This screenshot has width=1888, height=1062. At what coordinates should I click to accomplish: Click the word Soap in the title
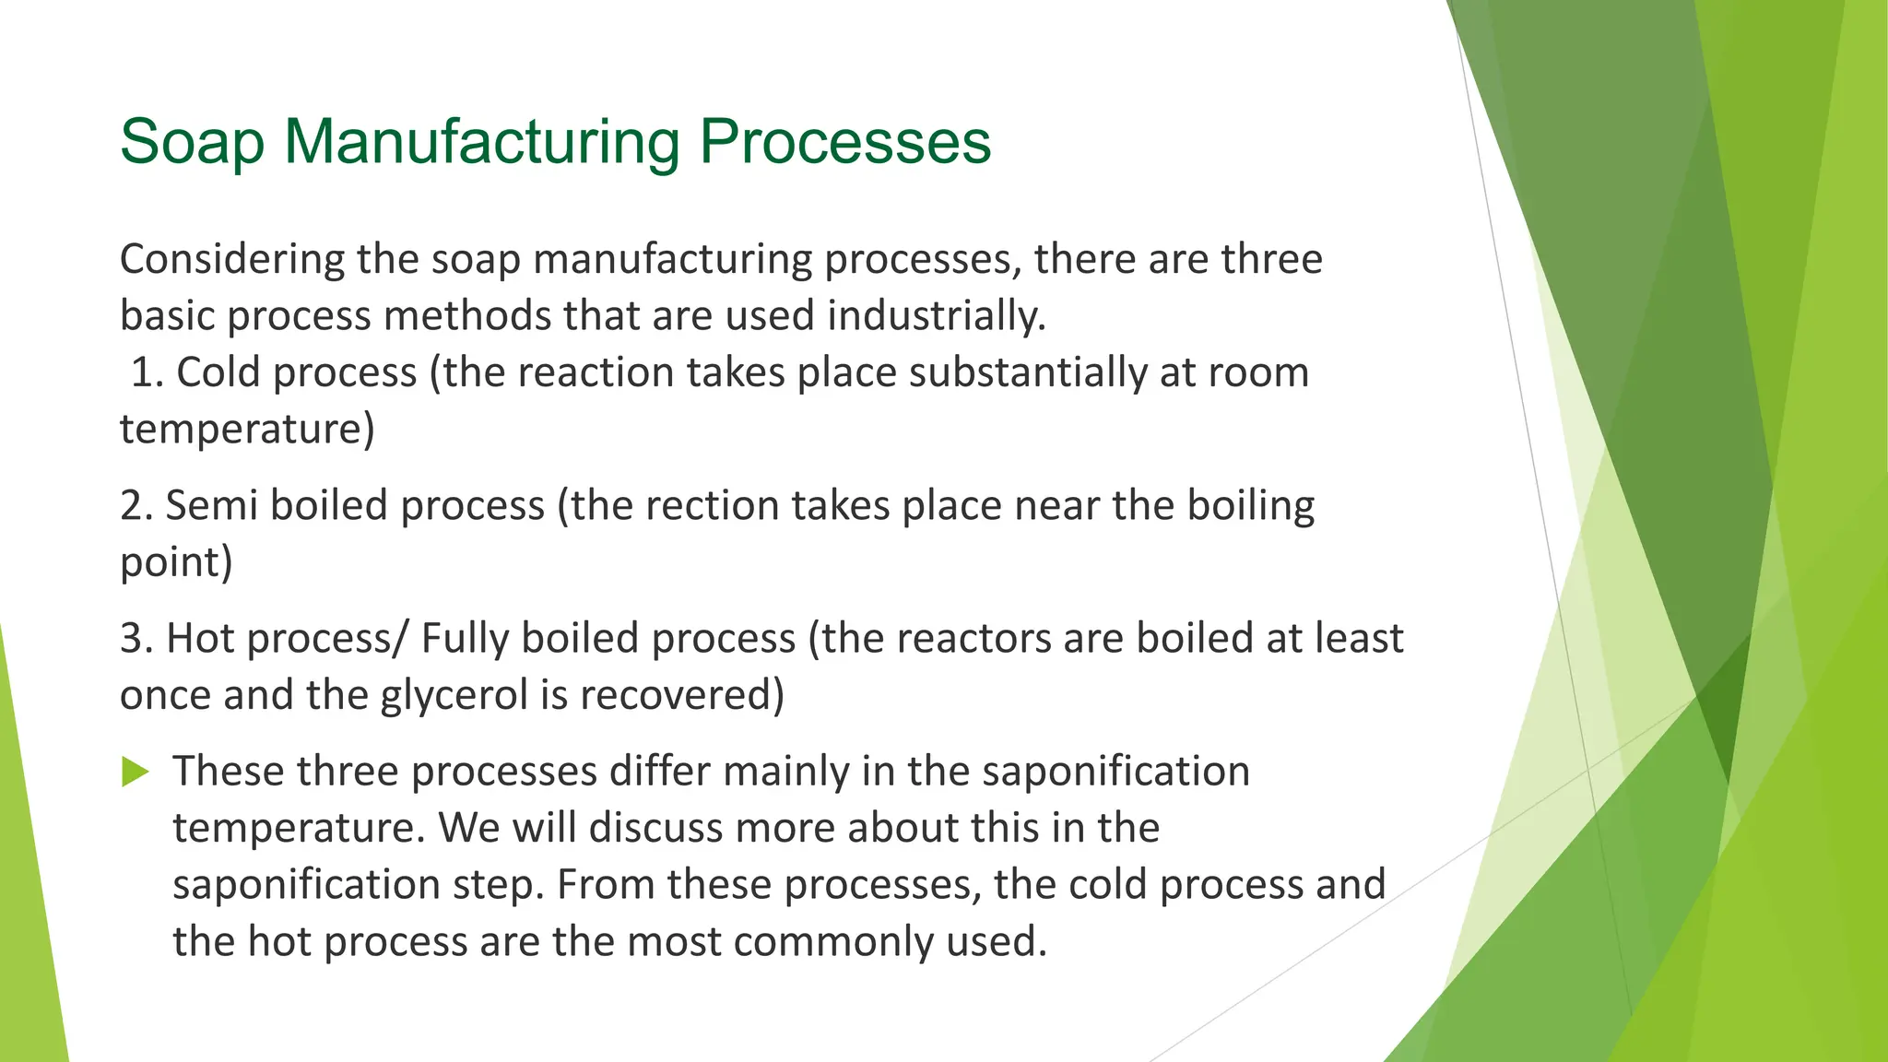(192, 143)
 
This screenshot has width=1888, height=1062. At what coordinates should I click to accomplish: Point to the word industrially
(936, 316)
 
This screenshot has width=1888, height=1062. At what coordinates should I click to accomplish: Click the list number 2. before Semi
(136, 506)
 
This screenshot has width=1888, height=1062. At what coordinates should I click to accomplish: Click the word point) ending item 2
(176, 563)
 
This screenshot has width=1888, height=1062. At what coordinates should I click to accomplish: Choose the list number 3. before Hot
(136, 639)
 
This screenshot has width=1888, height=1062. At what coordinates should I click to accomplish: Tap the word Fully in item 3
(465, 639)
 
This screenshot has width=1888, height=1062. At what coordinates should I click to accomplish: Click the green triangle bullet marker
(135, 772)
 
